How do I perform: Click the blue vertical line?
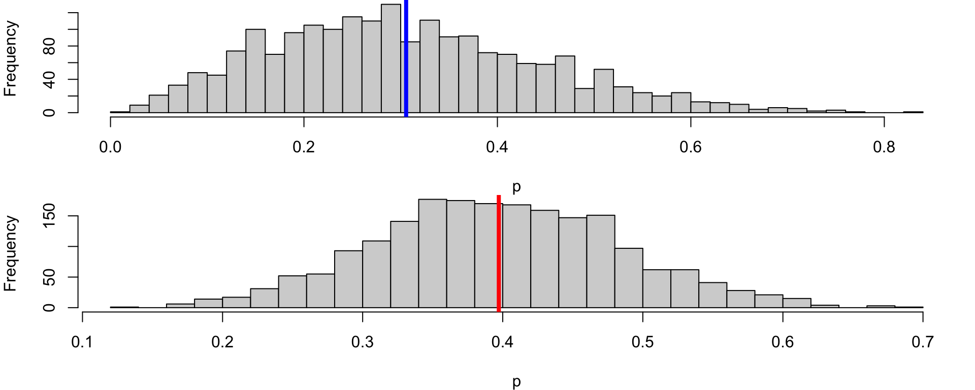click(406, 58)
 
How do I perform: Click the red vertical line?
click(499, 253)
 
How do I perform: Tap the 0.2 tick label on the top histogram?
click(304, 147)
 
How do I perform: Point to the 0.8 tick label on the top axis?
click(884, 147)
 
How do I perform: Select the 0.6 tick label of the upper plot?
click(691, 147)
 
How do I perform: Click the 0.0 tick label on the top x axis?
click(110, 147)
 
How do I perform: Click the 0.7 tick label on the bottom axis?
click(923, 342)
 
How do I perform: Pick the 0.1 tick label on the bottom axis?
click(82, 342)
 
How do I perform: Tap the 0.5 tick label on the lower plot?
click(642, 342)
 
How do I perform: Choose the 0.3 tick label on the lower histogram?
click(363, 342)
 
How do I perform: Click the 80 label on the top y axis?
click(49, 46)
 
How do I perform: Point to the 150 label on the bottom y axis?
click(49, 216)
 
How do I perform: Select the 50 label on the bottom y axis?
click(49, 277)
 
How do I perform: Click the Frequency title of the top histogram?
click(11, 59)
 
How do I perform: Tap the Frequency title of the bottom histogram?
click(11, 253)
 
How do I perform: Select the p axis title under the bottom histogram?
click(516, 382)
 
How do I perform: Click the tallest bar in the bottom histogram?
click(433, 253)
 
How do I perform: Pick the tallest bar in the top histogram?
click(391, 58)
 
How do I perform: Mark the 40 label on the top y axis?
click(49, 79)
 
